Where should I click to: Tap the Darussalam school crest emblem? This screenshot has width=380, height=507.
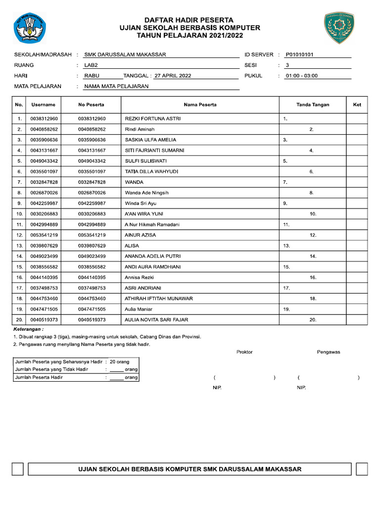pos(339,28)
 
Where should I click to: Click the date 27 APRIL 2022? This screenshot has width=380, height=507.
pos(172,76)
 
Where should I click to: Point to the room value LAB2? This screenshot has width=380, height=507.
pos(92,65)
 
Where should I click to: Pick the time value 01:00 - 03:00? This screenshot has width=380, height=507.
pos(301,76)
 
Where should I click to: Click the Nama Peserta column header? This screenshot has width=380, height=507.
pos(200,104)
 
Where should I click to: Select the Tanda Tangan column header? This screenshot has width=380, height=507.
pos(312,104)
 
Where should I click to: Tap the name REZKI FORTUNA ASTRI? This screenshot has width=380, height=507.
pos(153,119)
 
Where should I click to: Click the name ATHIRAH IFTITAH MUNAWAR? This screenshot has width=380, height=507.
pos(159,299)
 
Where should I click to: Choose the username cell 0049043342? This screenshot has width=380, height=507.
pos(44,161)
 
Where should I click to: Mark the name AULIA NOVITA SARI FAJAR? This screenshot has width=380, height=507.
pos(156,320)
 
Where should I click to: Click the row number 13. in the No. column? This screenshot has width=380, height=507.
pos(19,246)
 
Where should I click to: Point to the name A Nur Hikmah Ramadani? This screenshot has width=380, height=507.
pos(152,224)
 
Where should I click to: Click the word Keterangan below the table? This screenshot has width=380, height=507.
pos(28,329)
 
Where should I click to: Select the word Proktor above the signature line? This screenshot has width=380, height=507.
pos(244,352)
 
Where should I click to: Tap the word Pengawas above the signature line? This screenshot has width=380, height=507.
pos(329,352)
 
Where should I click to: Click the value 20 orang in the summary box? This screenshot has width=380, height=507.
pos(119,362)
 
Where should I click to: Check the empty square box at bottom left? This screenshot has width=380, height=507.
pos(18,469)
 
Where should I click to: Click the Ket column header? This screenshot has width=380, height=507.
pos(357,104)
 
